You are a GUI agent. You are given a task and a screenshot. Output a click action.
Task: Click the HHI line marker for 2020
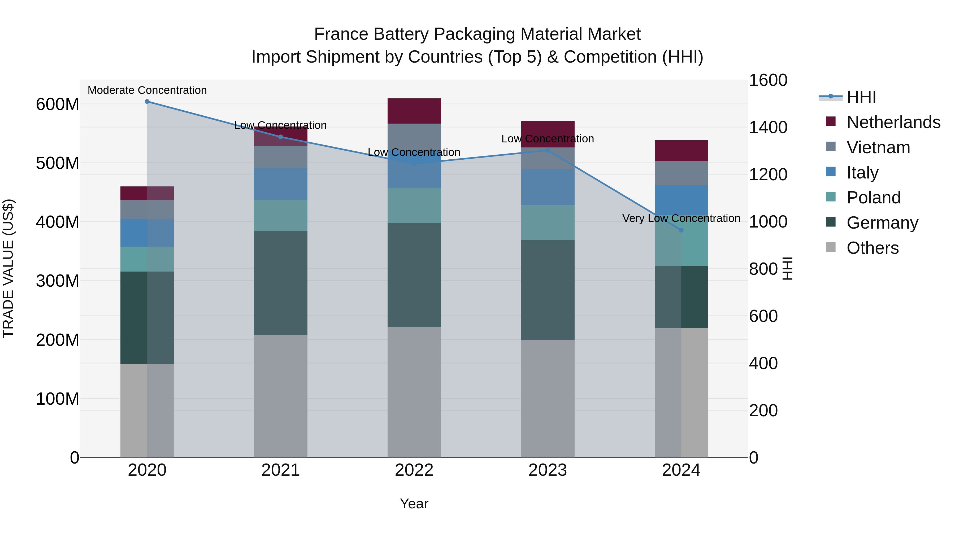pyautogui.click(x=147, y=102)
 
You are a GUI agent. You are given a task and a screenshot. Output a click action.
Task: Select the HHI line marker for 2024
pyautogui.click(x=681, y=230)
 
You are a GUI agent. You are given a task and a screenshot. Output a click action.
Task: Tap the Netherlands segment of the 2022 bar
pyautogui.click(x=414, y=111)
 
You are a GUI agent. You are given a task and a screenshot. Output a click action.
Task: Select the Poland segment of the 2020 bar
pyautogui.click(x=147, y=259)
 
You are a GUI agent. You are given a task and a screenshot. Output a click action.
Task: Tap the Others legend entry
pyautogui.click(x=872, y=248)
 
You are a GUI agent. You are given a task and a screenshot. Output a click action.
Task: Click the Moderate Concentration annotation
pyautogui.click(x=147, y=90)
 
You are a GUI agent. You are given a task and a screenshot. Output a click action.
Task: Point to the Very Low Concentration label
pyautogui.click(x=681, y=218)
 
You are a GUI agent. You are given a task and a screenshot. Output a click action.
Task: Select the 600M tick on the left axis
pyautogui.click(x=58, y=104)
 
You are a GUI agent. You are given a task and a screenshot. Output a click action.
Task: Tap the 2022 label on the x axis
pyautogui.click(x=414, y=470)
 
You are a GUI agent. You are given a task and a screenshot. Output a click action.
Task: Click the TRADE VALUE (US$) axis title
pyautogui.click(x=8, y=268)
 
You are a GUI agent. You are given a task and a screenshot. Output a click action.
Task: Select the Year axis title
pyautogui.click(x=414, y=504)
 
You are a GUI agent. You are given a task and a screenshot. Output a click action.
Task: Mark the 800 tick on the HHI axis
pyautogui.click(x=763, y=269)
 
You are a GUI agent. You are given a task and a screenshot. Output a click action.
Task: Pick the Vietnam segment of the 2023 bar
pyautogui.click(x=548, y=159)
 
